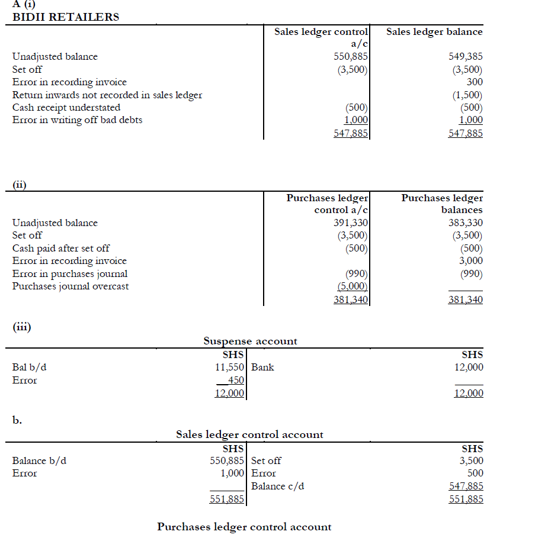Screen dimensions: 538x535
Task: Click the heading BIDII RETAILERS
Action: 66,17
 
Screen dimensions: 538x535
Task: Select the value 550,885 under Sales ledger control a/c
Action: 351,57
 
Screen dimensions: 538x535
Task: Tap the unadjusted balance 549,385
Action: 466,57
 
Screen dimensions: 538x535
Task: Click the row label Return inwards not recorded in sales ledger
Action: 107,95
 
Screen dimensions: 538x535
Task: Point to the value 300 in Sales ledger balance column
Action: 475,82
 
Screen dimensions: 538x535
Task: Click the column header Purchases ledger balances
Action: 442,204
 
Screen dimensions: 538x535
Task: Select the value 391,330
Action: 351,223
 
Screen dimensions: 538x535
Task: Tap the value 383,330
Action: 466,223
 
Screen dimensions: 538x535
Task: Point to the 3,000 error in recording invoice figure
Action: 471,260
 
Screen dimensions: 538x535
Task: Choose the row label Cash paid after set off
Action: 61,249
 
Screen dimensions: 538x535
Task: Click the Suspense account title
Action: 250,341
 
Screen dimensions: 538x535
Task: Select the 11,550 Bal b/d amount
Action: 230,368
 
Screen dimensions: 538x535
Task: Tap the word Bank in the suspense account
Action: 262,368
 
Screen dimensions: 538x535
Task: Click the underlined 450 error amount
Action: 236,381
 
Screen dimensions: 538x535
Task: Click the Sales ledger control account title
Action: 249,435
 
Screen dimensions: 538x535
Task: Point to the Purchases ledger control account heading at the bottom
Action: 244,527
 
